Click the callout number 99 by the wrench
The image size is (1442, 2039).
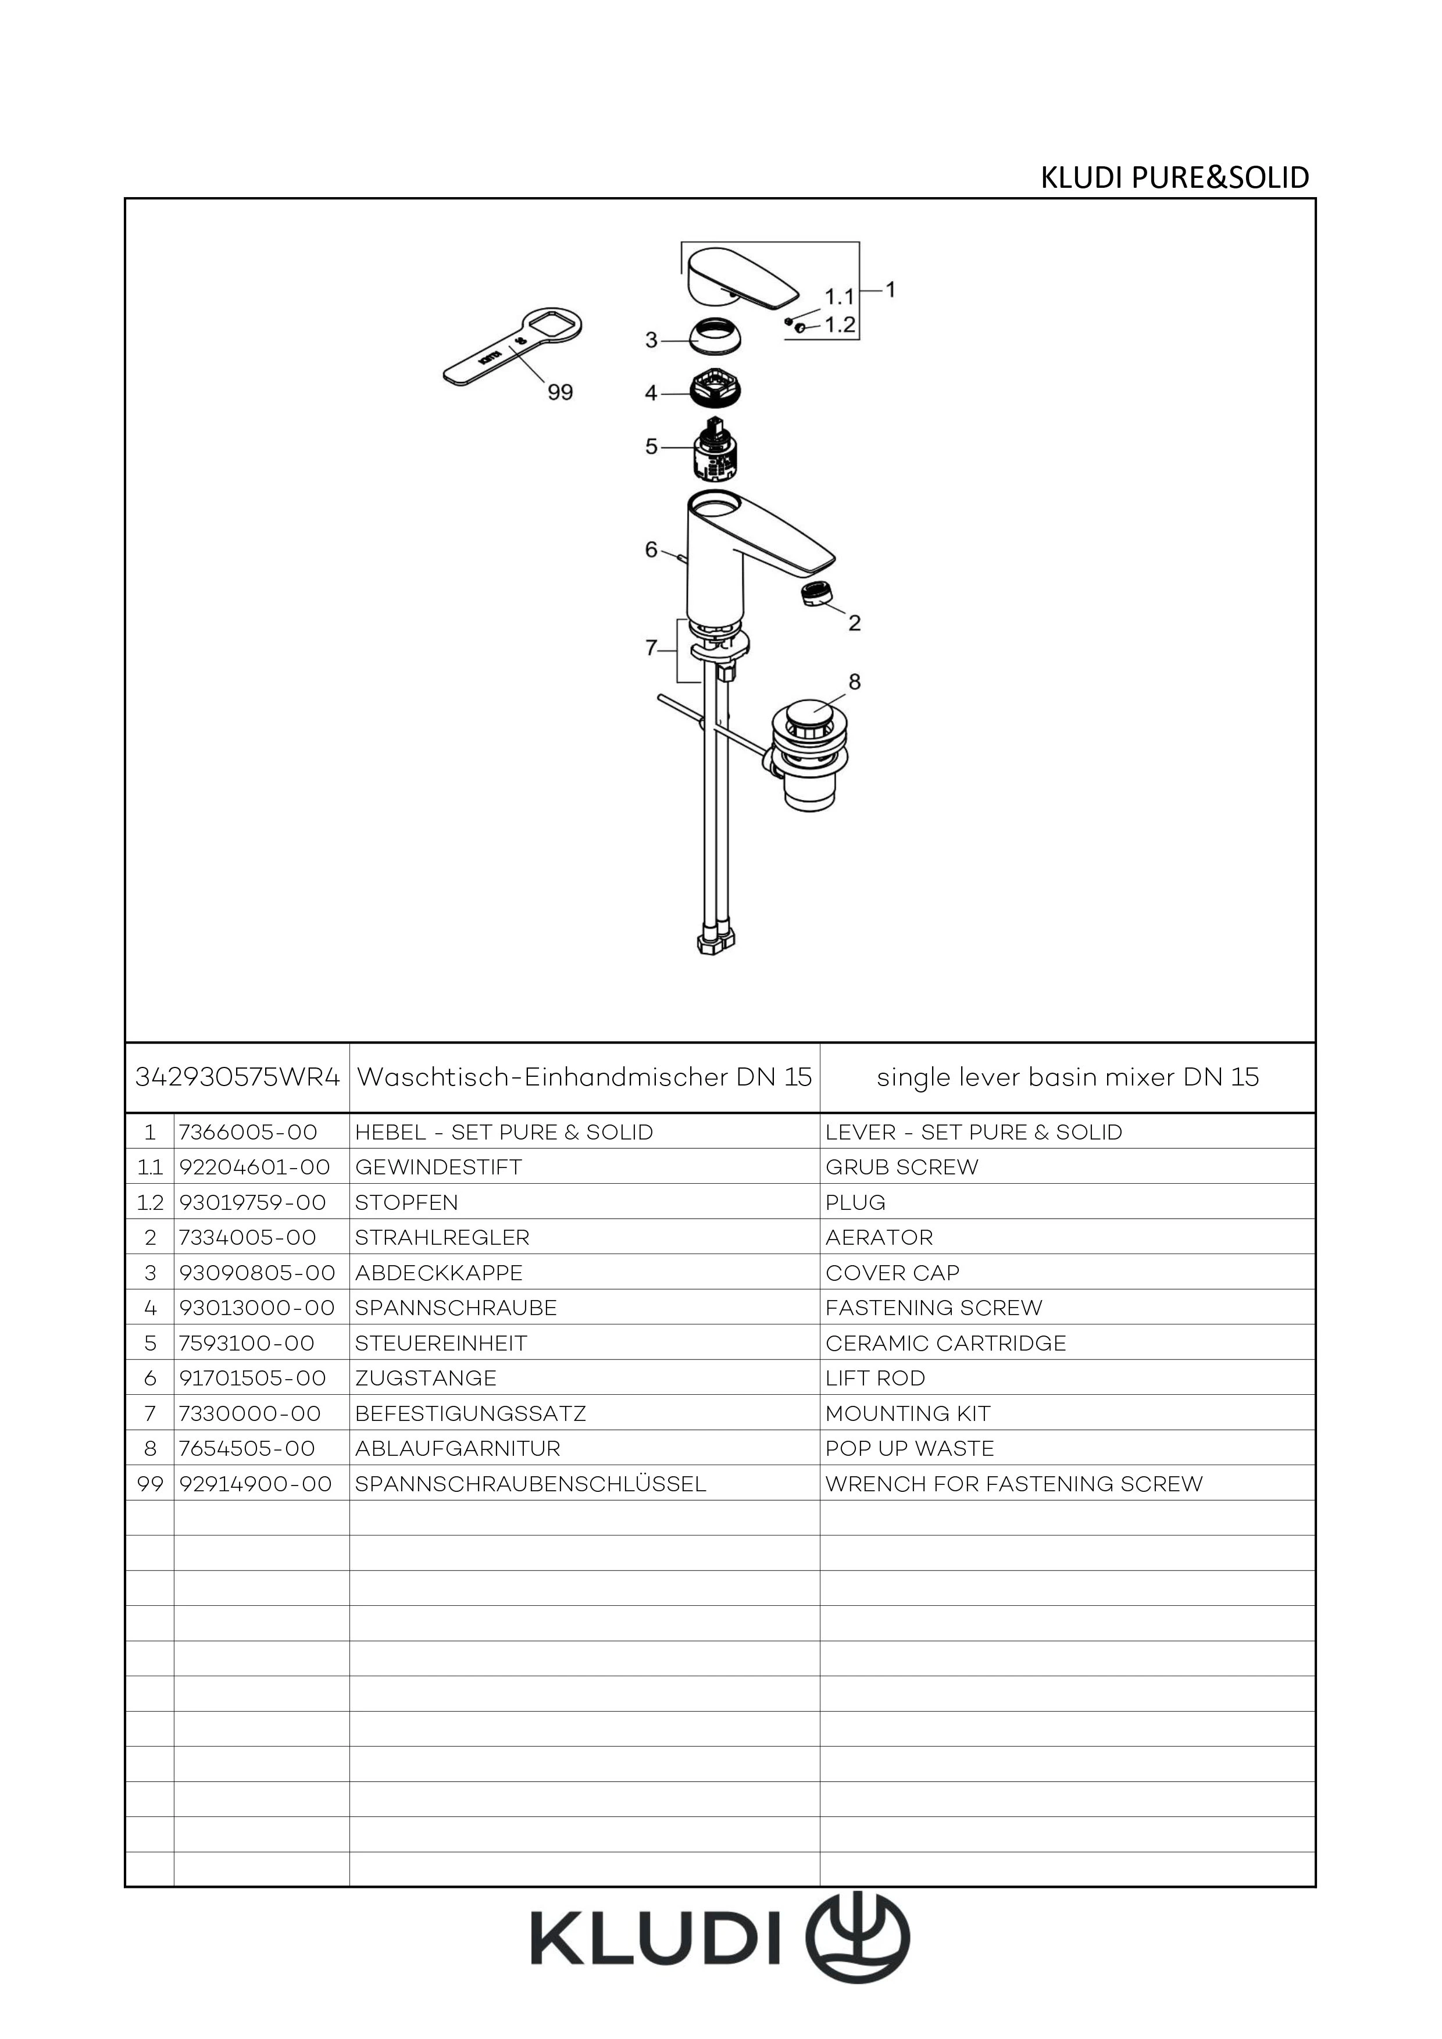pyautogui.click(x=561, y=392)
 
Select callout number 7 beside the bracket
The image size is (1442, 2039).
pyautogui.click(x=651, y=648)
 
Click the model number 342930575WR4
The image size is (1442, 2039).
pyautogui.click(x=237, y=1077)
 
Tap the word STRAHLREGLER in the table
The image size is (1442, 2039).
pyautogui.click(x=442, y=1237)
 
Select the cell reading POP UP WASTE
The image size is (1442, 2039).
pyautogui.click(x=909, y=1448)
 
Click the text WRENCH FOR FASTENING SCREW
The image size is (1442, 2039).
pyautogui.click(x=1014, y=1484)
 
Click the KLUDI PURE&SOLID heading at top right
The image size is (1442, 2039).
pyautogui.click(x=1174, y=177)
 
